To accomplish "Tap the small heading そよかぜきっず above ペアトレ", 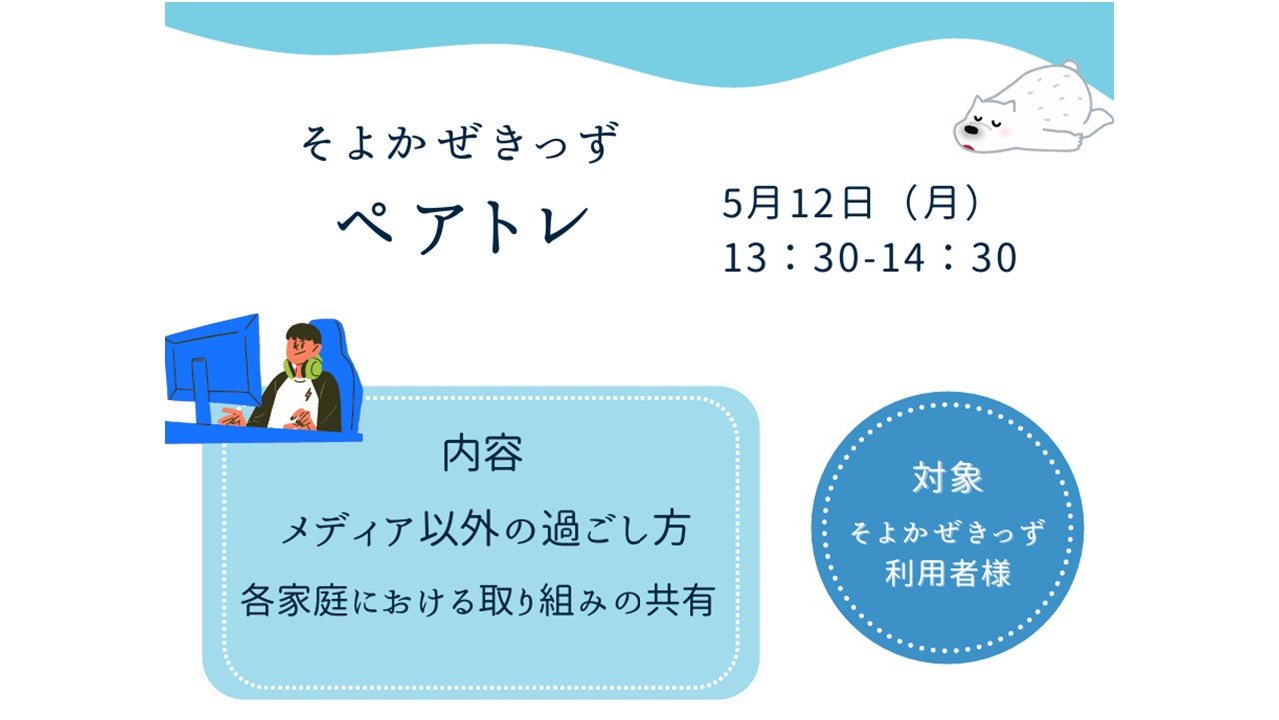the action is tap(461, 142).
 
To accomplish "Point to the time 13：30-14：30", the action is tap(869, 257).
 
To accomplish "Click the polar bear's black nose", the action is tap(971, 130).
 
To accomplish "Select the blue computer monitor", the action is tap(211, 366).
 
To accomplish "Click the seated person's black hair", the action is tap(304, 334).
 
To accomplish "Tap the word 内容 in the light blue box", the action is tap(482, 454).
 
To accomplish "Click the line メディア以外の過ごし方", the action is tap(486, 529).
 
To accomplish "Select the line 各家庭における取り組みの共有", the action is tap(478, 601).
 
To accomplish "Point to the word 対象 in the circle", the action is tap(948, 478).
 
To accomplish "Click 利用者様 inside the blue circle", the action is tap(948, 573).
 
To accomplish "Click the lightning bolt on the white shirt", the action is tap(308, 394).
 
